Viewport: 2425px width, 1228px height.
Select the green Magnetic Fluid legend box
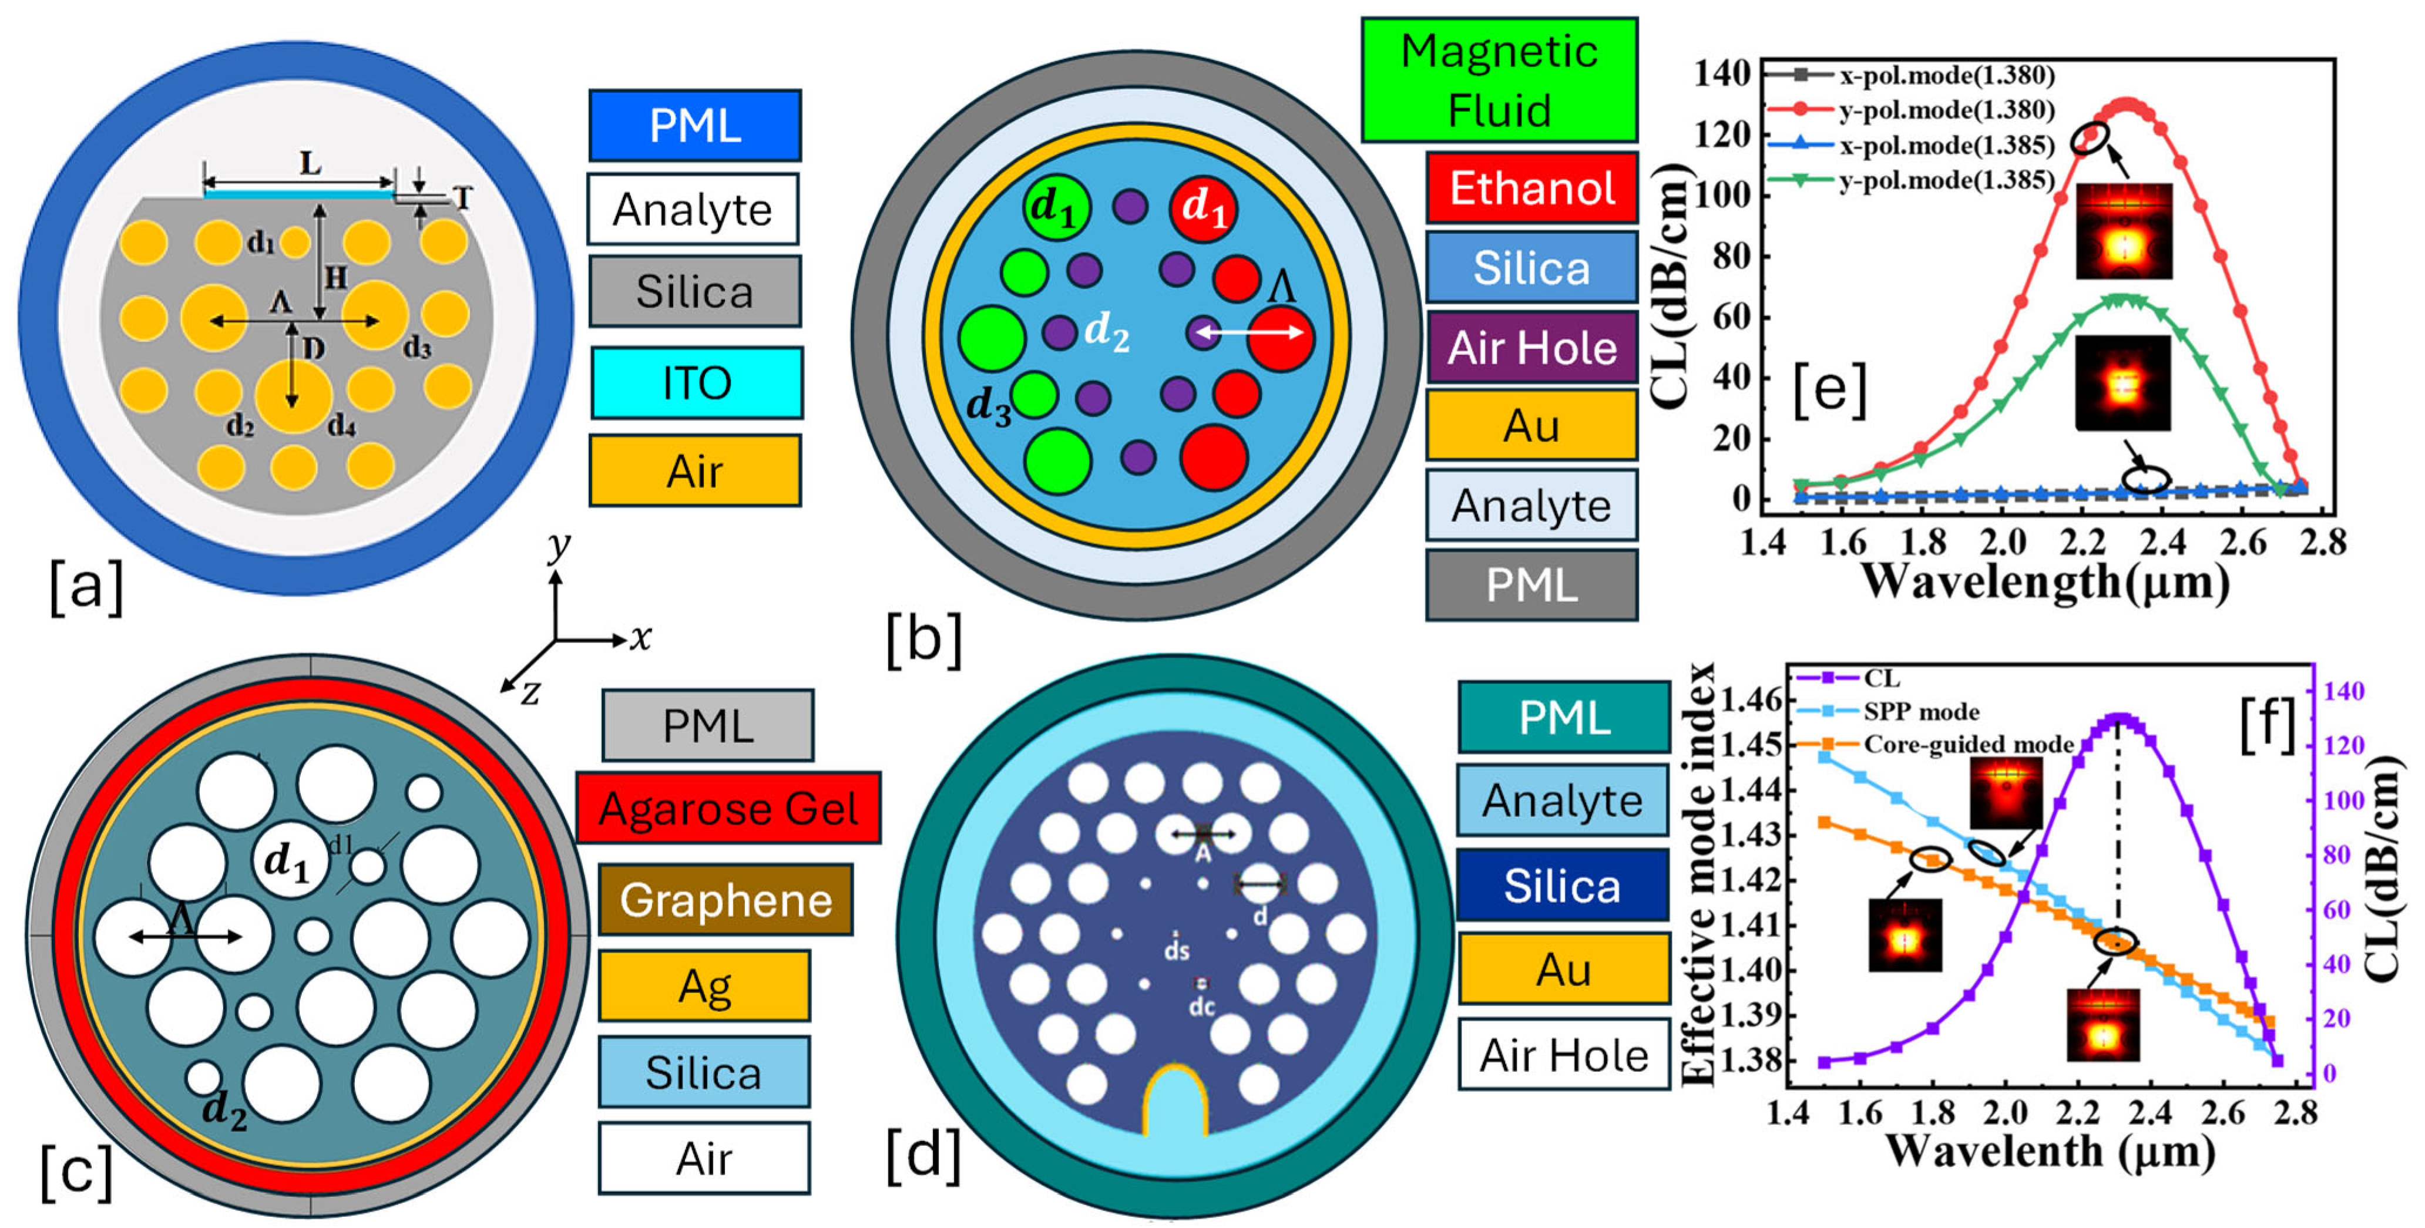(x=1498, y=80)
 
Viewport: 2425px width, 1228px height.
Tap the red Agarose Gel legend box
(x=728, y=808)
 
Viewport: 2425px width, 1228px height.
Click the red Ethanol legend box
(x=1531, y=187)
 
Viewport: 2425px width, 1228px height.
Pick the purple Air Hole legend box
(x=1531, y=347)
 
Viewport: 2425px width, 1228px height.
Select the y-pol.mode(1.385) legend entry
(x=1946, y=180)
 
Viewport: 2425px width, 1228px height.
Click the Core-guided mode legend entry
(x=1967, y=744)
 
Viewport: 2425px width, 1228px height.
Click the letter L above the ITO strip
(x=310, y=164)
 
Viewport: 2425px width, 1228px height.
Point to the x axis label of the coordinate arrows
(x=641, y=638)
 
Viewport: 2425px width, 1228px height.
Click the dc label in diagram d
(x=1201, y=1006)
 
